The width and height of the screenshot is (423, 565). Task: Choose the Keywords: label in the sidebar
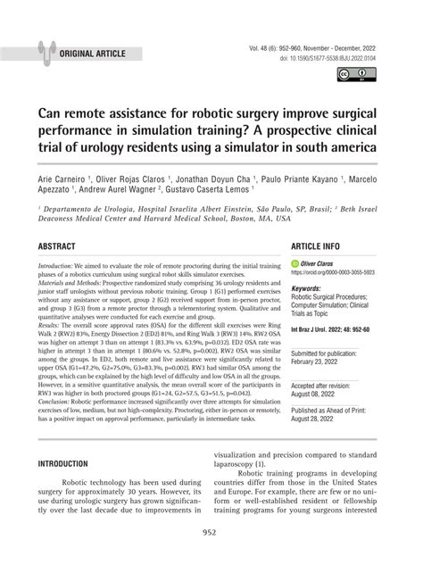(310, 288)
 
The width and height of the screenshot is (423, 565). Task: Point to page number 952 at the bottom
(211, 532)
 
